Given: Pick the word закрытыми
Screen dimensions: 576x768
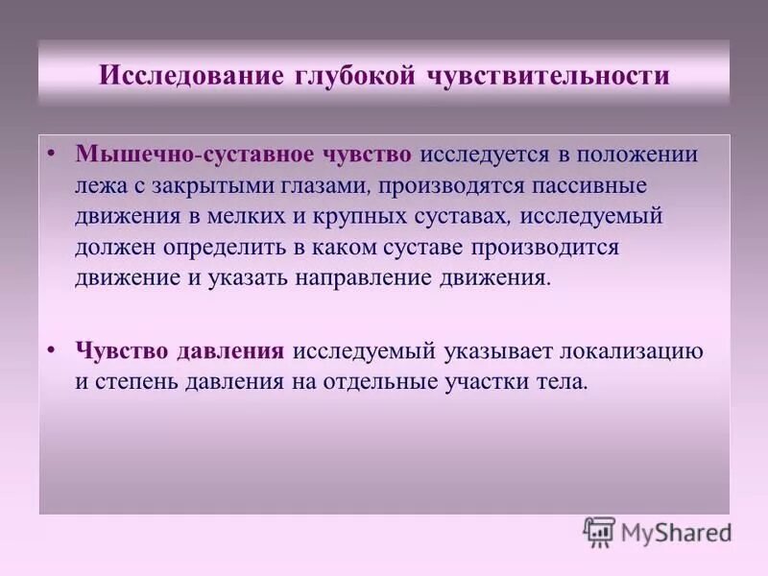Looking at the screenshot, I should coord(242,184).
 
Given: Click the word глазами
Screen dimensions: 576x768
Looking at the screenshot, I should coord(345,184).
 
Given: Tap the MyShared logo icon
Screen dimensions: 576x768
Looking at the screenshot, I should coord(599,532).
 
